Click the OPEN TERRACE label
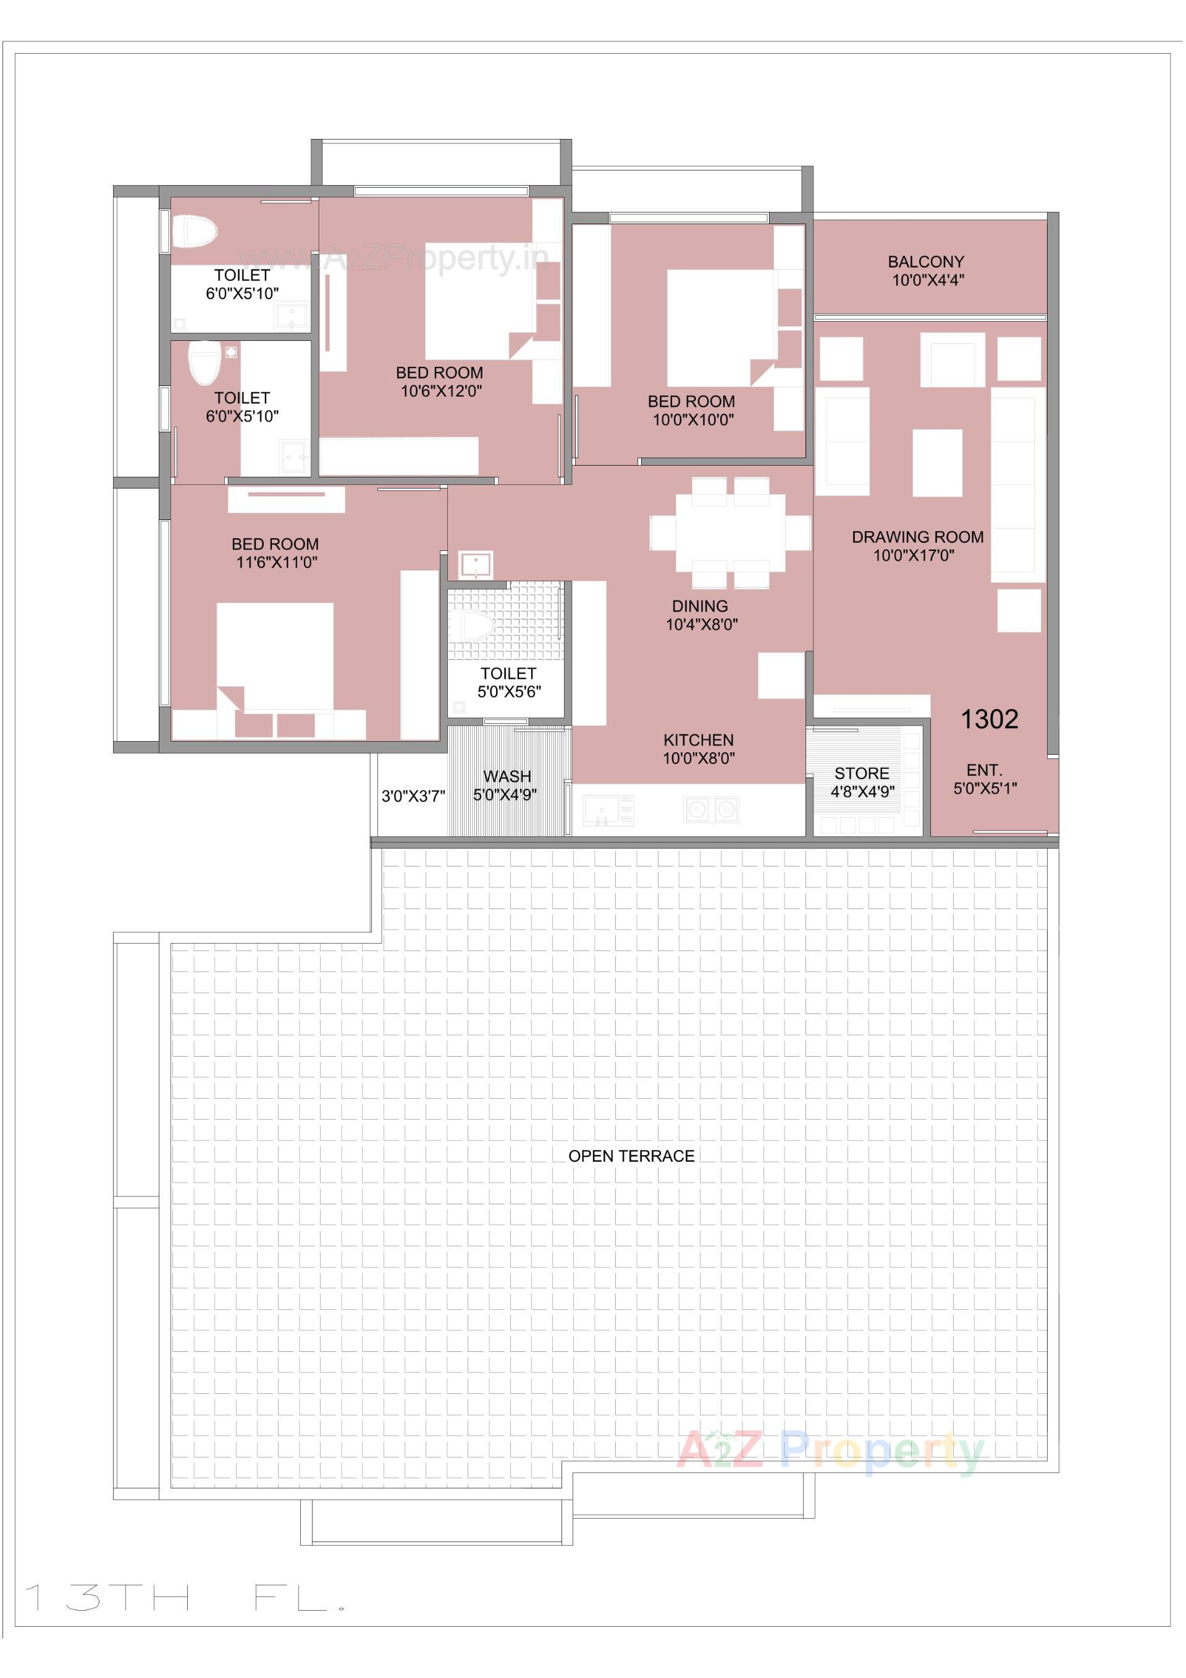631,1156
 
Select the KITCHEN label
698,740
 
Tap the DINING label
700,606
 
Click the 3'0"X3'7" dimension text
413,797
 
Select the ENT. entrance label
984,770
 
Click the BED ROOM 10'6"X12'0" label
439,373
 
